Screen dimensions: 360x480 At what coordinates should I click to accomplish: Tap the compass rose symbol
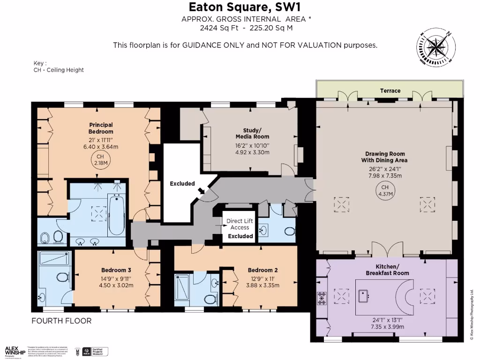pyautogui.click(x=435, y=47)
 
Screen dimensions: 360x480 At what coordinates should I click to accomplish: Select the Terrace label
pyautogui.click(x=390, y=90)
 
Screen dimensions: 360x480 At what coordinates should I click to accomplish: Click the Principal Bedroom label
pyautogui.click(x=101, y=128)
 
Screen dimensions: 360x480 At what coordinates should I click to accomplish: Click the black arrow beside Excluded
pyautogui.click(x=202, y=190)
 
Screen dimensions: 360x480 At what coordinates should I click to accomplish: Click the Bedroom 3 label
pyautogui.click(x=116, y=270)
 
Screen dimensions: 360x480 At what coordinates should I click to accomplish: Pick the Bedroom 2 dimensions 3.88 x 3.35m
pyautogui.click(x=262, y=285)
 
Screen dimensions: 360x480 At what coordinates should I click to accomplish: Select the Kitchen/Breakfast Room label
pyautogui.click(x=387, y=270)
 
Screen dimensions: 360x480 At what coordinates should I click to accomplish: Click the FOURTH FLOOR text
pyautogui.click(x=61, y=321)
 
